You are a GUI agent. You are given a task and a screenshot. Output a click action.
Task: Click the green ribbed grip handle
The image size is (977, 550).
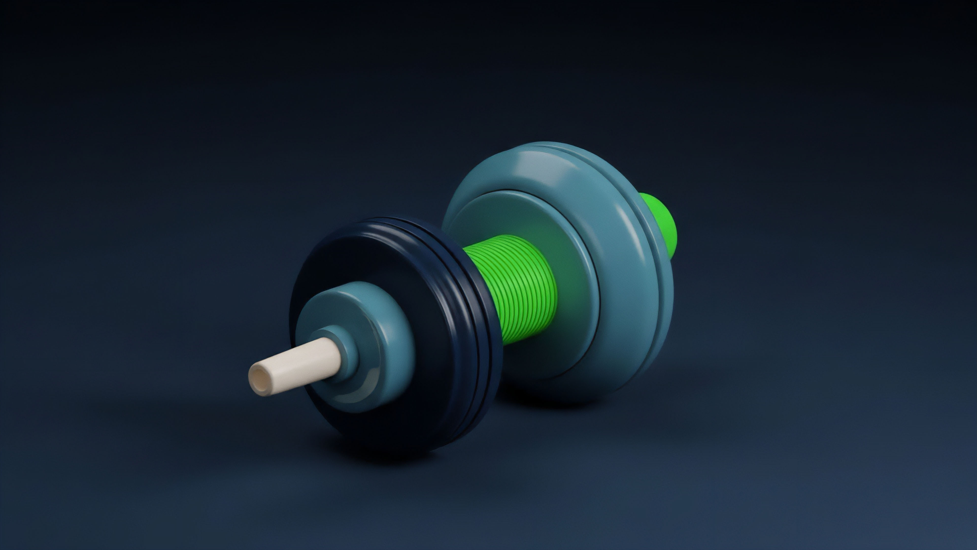[x=520, y=288]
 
